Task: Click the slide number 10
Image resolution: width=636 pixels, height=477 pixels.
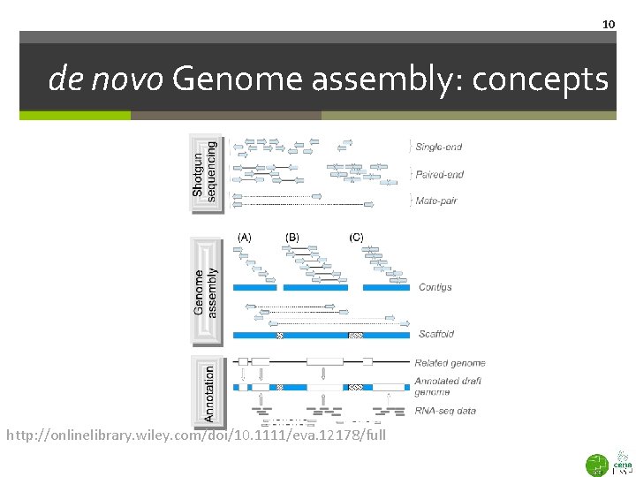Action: pyautogui.click(x=608, y=24)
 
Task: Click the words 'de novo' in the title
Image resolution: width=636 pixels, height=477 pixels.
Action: pyautogui.click(x=106, y=80)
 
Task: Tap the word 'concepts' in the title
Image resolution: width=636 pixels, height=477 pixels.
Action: pyautogui.click(x=540, y=80)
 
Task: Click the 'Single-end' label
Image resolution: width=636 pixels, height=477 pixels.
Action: pyautogui.click(x=438, y=147)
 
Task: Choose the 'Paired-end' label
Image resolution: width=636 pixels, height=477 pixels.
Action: pyautogui.click(x=439, y=174)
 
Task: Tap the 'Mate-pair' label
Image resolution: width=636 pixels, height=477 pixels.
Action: pyautogui.click(x=436, y=201)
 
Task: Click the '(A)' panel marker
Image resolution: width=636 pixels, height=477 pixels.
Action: pyautogui.click(x=245, y=237)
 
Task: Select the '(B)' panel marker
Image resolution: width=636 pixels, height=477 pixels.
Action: pyautogui.click(x=292, y=237)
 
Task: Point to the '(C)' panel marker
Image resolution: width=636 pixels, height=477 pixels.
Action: pyautogui.click(x=356, y=237)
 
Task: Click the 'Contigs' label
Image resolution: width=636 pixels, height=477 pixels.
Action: pyautogui.click(x=435, y=287)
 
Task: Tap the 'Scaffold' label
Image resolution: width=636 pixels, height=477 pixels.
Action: pyautogui.click(x=435, y=334)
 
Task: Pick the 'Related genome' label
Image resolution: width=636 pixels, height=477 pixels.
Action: pyautogui.click(x=450, y=362)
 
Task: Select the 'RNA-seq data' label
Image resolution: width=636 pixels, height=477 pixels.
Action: pyautogui.click(x=445, y=411)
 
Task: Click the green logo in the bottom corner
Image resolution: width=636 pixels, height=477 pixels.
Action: pyautogui.click(x=598, y=463)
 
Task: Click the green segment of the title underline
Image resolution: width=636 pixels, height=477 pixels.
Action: pyautogui.click(x=75, y=115)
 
